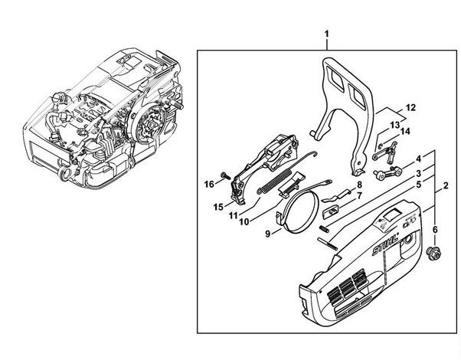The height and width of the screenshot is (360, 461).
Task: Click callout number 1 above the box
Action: pyautogui.click(x=327, y=34)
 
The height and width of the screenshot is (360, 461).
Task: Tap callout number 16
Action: pyautogui.click(x=209, y=185)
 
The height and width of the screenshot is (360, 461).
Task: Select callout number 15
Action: pyautogui.click(x=218, y=207)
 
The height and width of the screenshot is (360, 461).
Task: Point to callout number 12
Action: pyautogui.click(x=410, y=107)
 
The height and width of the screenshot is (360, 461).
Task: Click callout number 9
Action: pyautogui.click(x=267, y=234)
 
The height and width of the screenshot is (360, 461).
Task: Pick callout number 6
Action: pyautogui.click(x=435, y=230)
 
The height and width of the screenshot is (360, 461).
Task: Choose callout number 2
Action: pyautogui.click(x=446, y=185)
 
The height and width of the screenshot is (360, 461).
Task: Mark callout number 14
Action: pyautogui.click(x=405, y=131)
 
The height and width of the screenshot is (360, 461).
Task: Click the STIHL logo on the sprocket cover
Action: pyautogui.click(x=385, y=244)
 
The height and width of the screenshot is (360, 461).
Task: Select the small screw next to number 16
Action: pyautogui.click(x=226, y=175)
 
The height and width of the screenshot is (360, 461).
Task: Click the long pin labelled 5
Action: pyautogui.click(x=328, y=244)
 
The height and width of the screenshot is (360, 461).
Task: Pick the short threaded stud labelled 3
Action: pyautogui.click(x=323, y=228)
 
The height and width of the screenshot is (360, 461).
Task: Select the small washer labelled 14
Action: pyautogui.click(x=381, y=146)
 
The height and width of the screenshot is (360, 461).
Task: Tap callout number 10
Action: pyautogui.click(x=244, y=221)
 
